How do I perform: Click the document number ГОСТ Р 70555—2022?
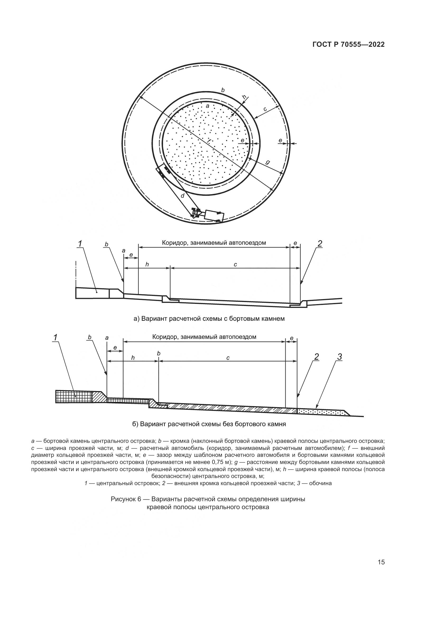pos(348,45)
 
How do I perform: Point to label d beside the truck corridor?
pos(183,196)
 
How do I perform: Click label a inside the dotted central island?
pos(207,106)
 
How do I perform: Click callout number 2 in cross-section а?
pos(320,244)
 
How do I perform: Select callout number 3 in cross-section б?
pos(340,357)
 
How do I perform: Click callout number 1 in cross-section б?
pos(56,337)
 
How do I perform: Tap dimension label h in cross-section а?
pos(147,265)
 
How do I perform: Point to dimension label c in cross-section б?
pos(228,358)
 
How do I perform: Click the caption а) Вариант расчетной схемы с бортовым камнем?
pos(209,319)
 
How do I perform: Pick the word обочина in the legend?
pos(320,483)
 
